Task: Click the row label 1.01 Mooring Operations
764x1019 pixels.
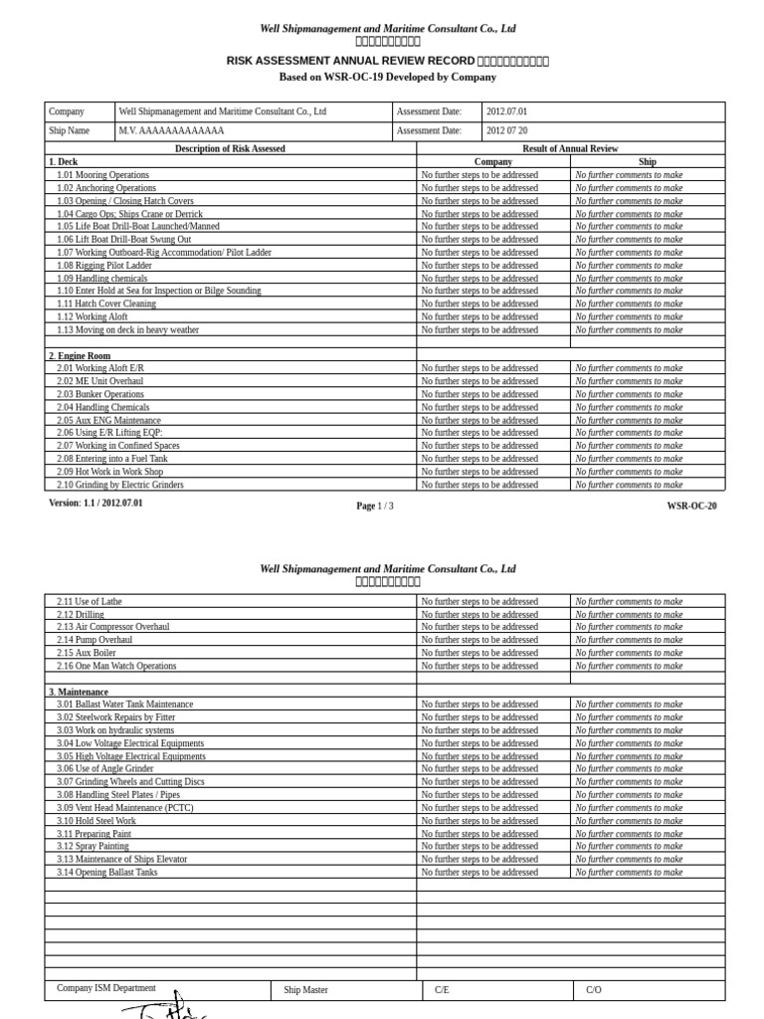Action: [x=102, y=175]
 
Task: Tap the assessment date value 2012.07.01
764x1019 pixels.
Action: [x=507, y=112]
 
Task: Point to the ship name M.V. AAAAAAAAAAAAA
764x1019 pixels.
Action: [x=172, y=130]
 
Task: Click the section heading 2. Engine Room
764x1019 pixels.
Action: [x=80, y=356]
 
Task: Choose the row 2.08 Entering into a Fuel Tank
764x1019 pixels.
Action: [x=112, y=459]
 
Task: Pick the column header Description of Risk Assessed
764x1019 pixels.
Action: [x=230, y=148]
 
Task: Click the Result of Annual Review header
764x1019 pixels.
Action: [x=570, y=148]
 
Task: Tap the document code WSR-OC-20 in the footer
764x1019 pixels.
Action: [x=691, y=507]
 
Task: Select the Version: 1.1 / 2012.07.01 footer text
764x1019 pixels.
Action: [x=95, y=504]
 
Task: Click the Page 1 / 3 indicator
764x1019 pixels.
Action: [x=375, y=507]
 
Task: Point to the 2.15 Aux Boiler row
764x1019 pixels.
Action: [x=87, y=653]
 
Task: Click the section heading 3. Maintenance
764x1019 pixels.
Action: [x=79, y=692]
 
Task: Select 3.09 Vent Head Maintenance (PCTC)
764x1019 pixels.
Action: [x=124, y=808]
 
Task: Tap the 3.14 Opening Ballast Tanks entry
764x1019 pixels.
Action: [x=106, y=873]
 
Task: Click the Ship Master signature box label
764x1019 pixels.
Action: [x=305, y=990]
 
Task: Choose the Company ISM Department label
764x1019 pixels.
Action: [x=106, y=988]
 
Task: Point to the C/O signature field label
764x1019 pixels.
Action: [x=594, y=990]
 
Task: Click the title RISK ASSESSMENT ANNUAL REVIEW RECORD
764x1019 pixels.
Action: [x=350, y=61]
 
